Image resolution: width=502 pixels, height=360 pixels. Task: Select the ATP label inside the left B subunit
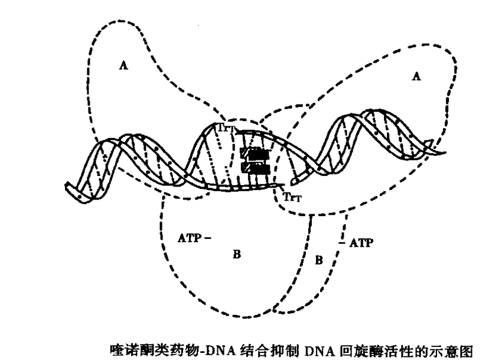click(x=191, y=238)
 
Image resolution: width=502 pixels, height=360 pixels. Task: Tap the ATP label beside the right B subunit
click(x=361, y=243)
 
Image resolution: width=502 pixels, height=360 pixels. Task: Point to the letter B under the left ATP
click(x=236, y=255)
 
